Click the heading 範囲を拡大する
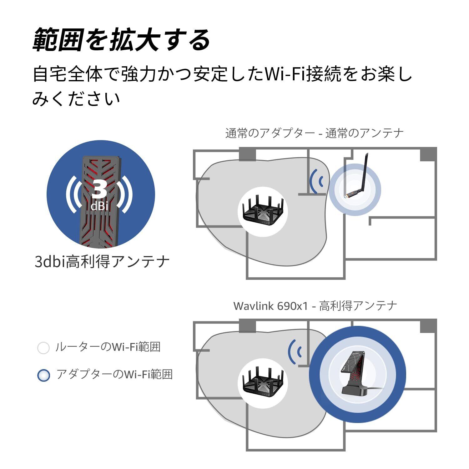tap(121, 40)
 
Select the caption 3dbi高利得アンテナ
tap(102, 261)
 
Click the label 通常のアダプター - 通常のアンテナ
tap(314, 134)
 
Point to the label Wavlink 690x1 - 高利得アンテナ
tap(315, 305)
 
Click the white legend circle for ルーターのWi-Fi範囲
tap(43, 348)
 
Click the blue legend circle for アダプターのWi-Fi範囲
tap(43, 375)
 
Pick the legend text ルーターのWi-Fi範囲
tap(108, 347)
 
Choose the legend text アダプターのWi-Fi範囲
tap(114, 374)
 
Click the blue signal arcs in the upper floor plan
tap(316, 181)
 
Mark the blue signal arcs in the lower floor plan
tap(295, 352)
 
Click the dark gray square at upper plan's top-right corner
tap(428, 154)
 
